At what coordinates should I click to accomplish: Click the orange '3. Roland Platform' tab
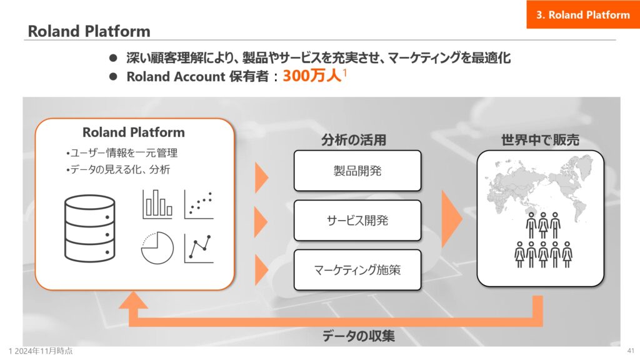[x=583, y=15]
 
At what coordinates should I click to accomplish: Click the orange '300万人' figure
[x=312, y=76]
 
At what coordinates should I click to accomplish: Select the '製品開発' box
[x=357, y=171]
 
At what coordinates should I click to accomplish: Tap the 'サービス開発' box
[x=357, y=221]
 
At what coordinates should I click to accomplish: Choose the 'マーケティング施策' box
[x=357, y=270]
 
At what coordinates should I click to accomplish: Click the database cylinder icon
[x=90, y=229]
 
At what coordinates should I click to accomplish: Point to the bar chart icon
[x=157, y=204]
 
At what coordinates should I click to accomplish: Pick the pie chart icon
[x=157, y=247]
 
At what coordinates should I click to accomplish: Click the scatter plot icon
[x=199, y=204]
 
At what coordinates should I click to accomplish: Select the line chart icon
[x=199, y=248]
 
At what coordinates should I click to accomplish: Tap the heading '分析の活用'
[x=354, y=140]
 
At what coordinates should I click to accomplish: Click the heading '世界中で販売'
[x=540, y=140]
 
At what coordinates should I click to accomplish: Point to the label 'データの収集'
[x=358, y=336]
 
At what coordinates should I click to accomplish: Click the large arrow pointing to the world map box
[x=452, y=219]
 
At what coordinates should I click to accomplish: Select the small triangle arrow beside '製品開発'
[x=262, y=177]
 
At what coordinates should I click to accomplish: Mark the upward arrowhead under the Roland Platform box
[x=133, y=300]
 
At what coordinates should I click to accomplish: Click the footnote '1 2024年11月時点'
[x=41, y=351]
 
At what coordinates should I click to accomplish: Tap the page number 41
[x=631, y=351]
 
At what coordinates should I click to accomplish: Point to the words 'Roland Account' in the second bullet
[x=176, y=76]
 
